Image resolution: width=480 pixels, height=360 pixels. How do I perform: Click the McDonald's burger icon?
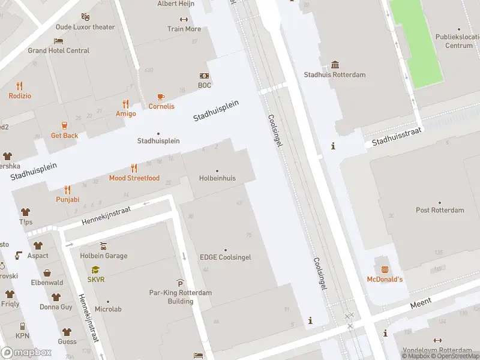385,269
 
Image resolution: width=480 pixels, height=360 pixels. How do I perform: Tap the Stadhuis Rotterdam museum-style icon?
335,65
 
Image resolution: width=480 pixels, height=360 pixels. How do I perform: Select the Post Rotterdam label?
440,210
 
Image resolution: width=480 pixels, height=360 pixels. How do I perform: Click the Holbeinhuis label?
217,178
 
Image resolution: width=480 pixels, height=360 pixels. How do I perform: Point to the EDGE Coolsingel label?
225,257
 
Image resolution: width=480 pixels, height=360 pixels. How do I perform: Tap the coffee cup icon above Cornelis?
161,97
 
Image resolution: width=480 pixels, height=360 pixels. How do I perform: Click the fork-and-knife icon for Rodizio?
19,86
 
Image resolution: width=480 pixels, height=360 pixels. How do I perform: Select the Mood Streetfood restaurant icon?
134,168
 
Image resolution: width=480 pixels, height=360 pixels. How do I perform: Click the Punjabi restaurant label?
67,199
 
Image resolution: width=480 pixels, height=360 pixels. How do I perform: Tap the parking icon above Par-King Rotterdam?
180,283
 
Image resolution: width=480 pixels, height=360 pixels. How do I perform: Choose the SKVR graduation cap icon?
95,270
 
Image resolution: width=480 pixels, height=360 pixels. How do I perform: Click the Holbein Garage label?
103,256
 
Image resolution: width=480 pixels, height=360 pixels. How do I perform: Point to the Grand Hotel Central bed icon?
58,41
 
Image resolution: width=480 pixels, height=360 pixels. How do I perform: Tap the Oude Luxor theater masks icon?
85,17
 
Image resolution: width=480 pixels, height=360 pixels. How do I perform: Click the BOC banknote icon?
205,76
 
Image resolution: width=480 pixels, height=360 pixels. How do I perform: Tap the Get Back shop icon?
64,125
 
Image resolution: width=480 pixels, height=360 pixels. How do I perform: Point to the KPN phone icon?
22,326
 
